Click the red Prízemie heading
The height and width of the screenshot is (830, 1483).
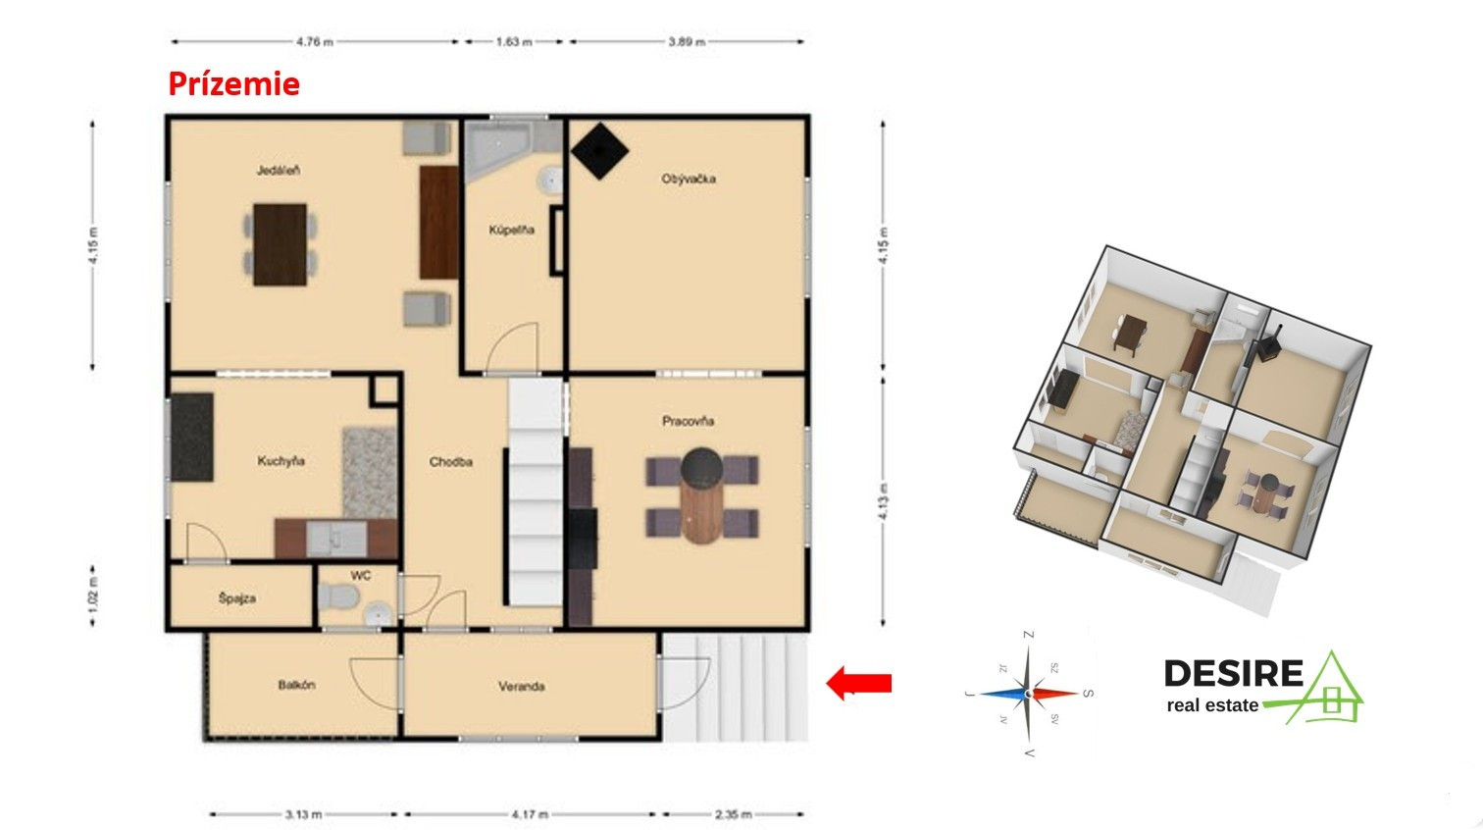click(x=233, y=84)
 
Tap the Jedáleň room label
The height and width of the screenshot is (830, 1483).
click(x=279, y=171)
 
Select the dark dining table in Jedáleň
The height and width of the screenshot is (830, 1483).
click(x=281, y=244)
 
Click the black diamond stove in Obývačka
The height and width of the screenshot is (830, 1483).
click(x=600, y=151)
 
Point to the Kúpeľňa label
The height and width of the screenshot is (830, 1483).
click(x=512, y=230)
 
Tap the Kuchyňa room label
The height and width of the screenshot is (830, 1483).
click(x=281, y=461)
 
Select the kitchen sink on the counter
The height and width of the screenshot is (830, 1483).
click(x=336, y=539)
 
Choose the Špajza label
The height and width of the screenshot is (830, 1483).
click(x=237, y=598)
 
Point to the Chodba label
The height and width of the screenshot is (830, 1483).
click(x=451, y=462)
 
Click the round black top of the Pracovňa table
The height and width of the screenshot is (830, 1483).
click(x=702, y=467)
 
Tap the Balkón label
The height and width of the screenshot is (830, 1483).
click(x=296, y=685)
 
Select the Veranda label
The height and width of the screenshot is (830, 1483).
click(x=522, y=686)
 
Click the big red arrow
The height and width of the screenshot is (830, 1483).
click(x=858, y=683)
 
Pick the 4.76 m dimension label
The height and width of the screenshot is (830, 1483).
click(x=315, y=42)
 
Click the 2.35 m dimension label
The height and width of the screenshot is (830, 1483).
click(x=733, y=814)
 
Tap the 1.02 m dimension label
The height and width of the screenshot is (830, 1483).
click(x=92, y=597)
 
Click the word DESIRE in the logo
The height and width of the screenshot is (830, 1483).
click(x=1234, y=674)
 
